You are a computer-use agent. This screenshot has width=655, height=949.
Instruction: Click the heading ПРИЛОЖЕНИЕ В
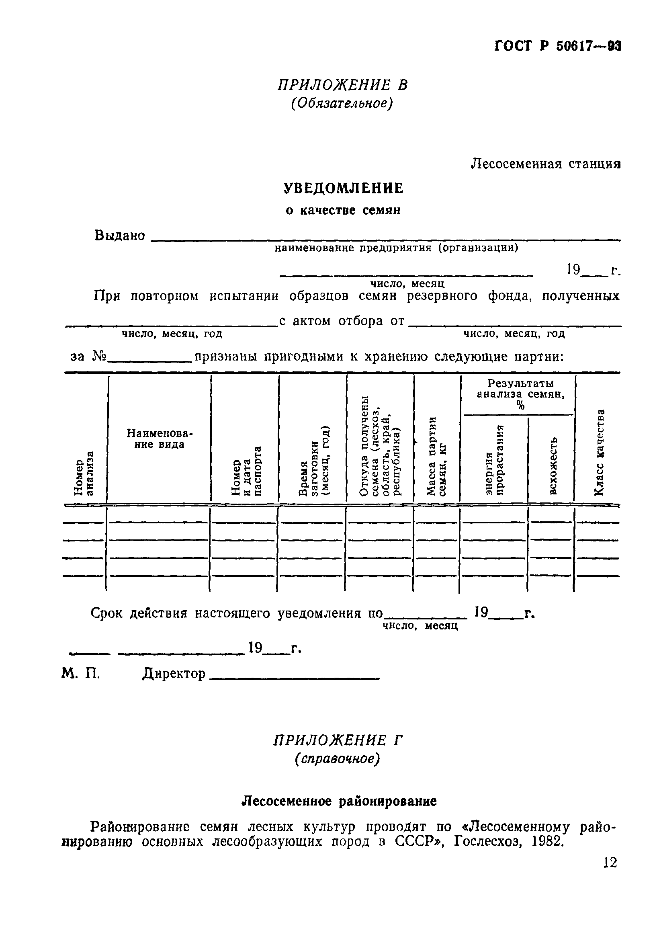coord(342,85)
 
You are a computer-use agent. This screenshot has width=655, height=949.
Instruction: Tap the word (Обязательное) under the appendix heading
coord(342,103)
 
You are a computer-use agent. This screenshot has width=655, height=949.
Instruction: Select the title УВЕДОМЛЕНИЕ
coord(344,189)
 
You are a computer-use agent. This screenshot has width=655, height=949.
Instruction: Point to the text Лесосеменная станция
coord(545,164)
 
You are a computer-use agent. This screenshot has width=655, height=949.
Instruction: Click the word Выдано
coord(120,236)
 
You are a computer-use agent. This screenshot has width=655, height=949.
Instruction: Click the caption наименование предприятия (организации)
coord(396,248)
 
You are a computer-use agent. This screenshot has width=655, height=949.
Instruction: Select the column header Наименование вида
coord(159,439)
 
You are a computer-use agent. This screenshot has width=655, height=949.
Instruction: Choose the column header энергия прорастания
coord(495,460)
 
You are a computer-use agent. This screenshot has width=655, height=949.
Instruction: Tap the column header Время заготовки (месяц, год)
coord(314,461)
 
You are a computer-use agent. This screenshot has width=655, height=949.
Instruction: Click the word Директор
coord(174,674)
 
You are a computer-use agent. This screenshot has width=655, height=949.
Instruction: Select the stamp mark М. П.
coord(81,674)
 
